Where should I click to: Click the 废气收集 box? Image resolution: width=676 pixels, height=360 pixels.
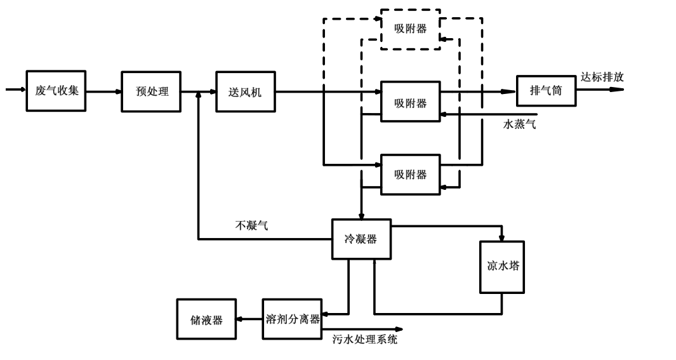56,91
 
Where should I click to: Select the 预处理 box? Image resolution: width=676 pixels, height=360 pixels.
152,91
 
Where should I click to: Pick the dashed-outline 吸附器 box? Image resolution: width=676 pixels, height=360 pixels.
409,29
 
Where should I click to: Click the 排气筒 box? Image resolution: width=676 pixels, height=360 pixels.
545,91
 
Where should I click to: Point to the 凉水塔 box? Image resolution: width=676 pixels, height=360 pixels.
502,267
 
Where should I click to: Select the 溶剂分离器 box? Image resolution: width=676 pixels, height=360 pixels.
292,319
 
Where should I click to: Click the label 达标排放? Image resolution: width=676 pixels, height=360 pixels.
602,77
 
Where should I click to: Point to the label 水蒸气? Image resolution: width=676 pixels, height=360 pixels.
519,124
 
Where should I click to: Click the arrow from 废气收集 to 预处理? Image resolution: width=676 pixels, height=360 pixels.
103,91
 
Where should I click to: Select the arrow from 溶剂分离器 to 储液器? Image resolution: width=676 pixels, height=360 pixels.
249,319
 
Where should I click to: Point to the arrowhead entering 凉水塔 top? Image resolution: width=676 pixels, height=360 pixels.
502,238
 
